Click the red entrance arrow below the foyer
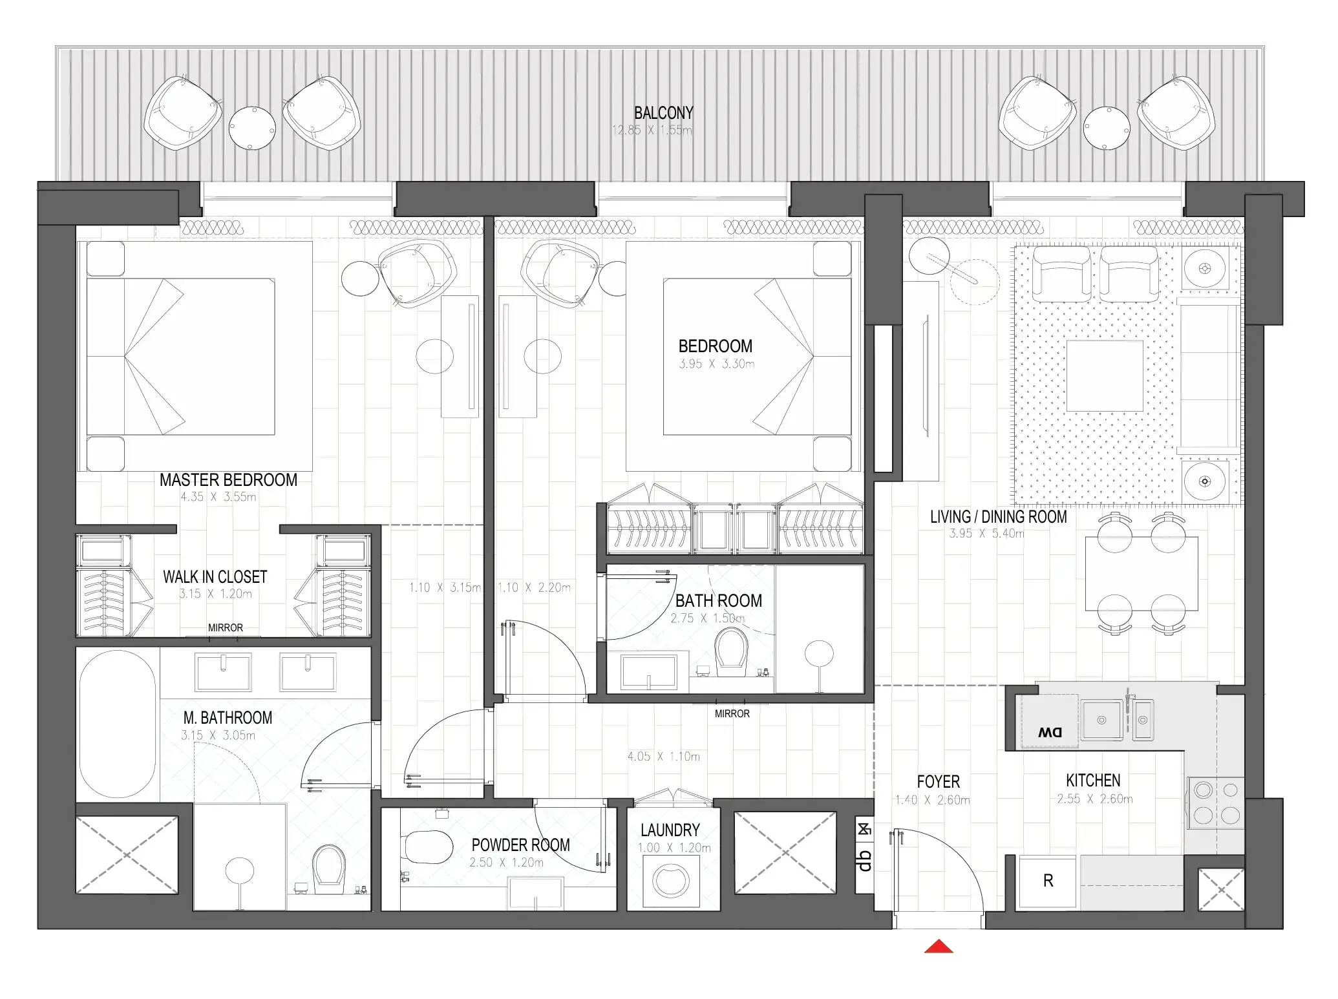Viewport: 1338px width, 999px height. [939, 947]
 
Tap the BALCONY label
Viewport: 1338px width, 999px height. [663, 113]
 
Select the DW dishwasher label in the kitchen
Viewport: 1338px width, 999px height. [1050, 732]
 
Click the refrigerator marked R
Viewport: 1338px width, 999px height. [1048, 881]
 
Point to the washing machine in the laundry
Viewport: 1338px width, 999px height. [671, 881]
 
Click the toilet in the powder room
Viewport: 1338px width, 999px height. [427, 847]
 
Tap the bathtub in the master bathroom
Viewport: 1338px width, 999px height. [118, 724]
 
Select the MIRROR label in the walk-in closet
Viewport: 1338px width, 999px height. [225, 628]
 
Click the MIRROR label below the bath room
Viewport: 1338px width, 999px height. [732, 714]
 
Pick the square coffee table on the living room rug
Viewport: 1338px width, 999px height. [1105, 376]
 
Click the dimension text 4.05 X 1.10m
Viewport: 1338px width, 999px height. [663, 757]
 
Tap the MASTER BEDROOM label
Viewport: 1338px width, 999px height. [228, 480]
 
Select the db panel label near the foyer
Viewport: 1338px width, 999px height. [864, 860]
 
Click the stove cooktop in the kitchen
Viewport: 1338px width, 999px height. [1215, 803]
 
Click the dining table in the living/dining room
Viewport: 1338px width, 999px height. [1141, 574]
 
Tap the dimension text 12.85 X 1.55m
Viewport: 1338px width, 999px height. [652, 131]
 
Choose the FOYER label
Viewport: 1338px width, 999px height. [938, 782]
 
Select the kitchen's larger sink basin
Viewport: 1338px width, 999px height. [1101, 720]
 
